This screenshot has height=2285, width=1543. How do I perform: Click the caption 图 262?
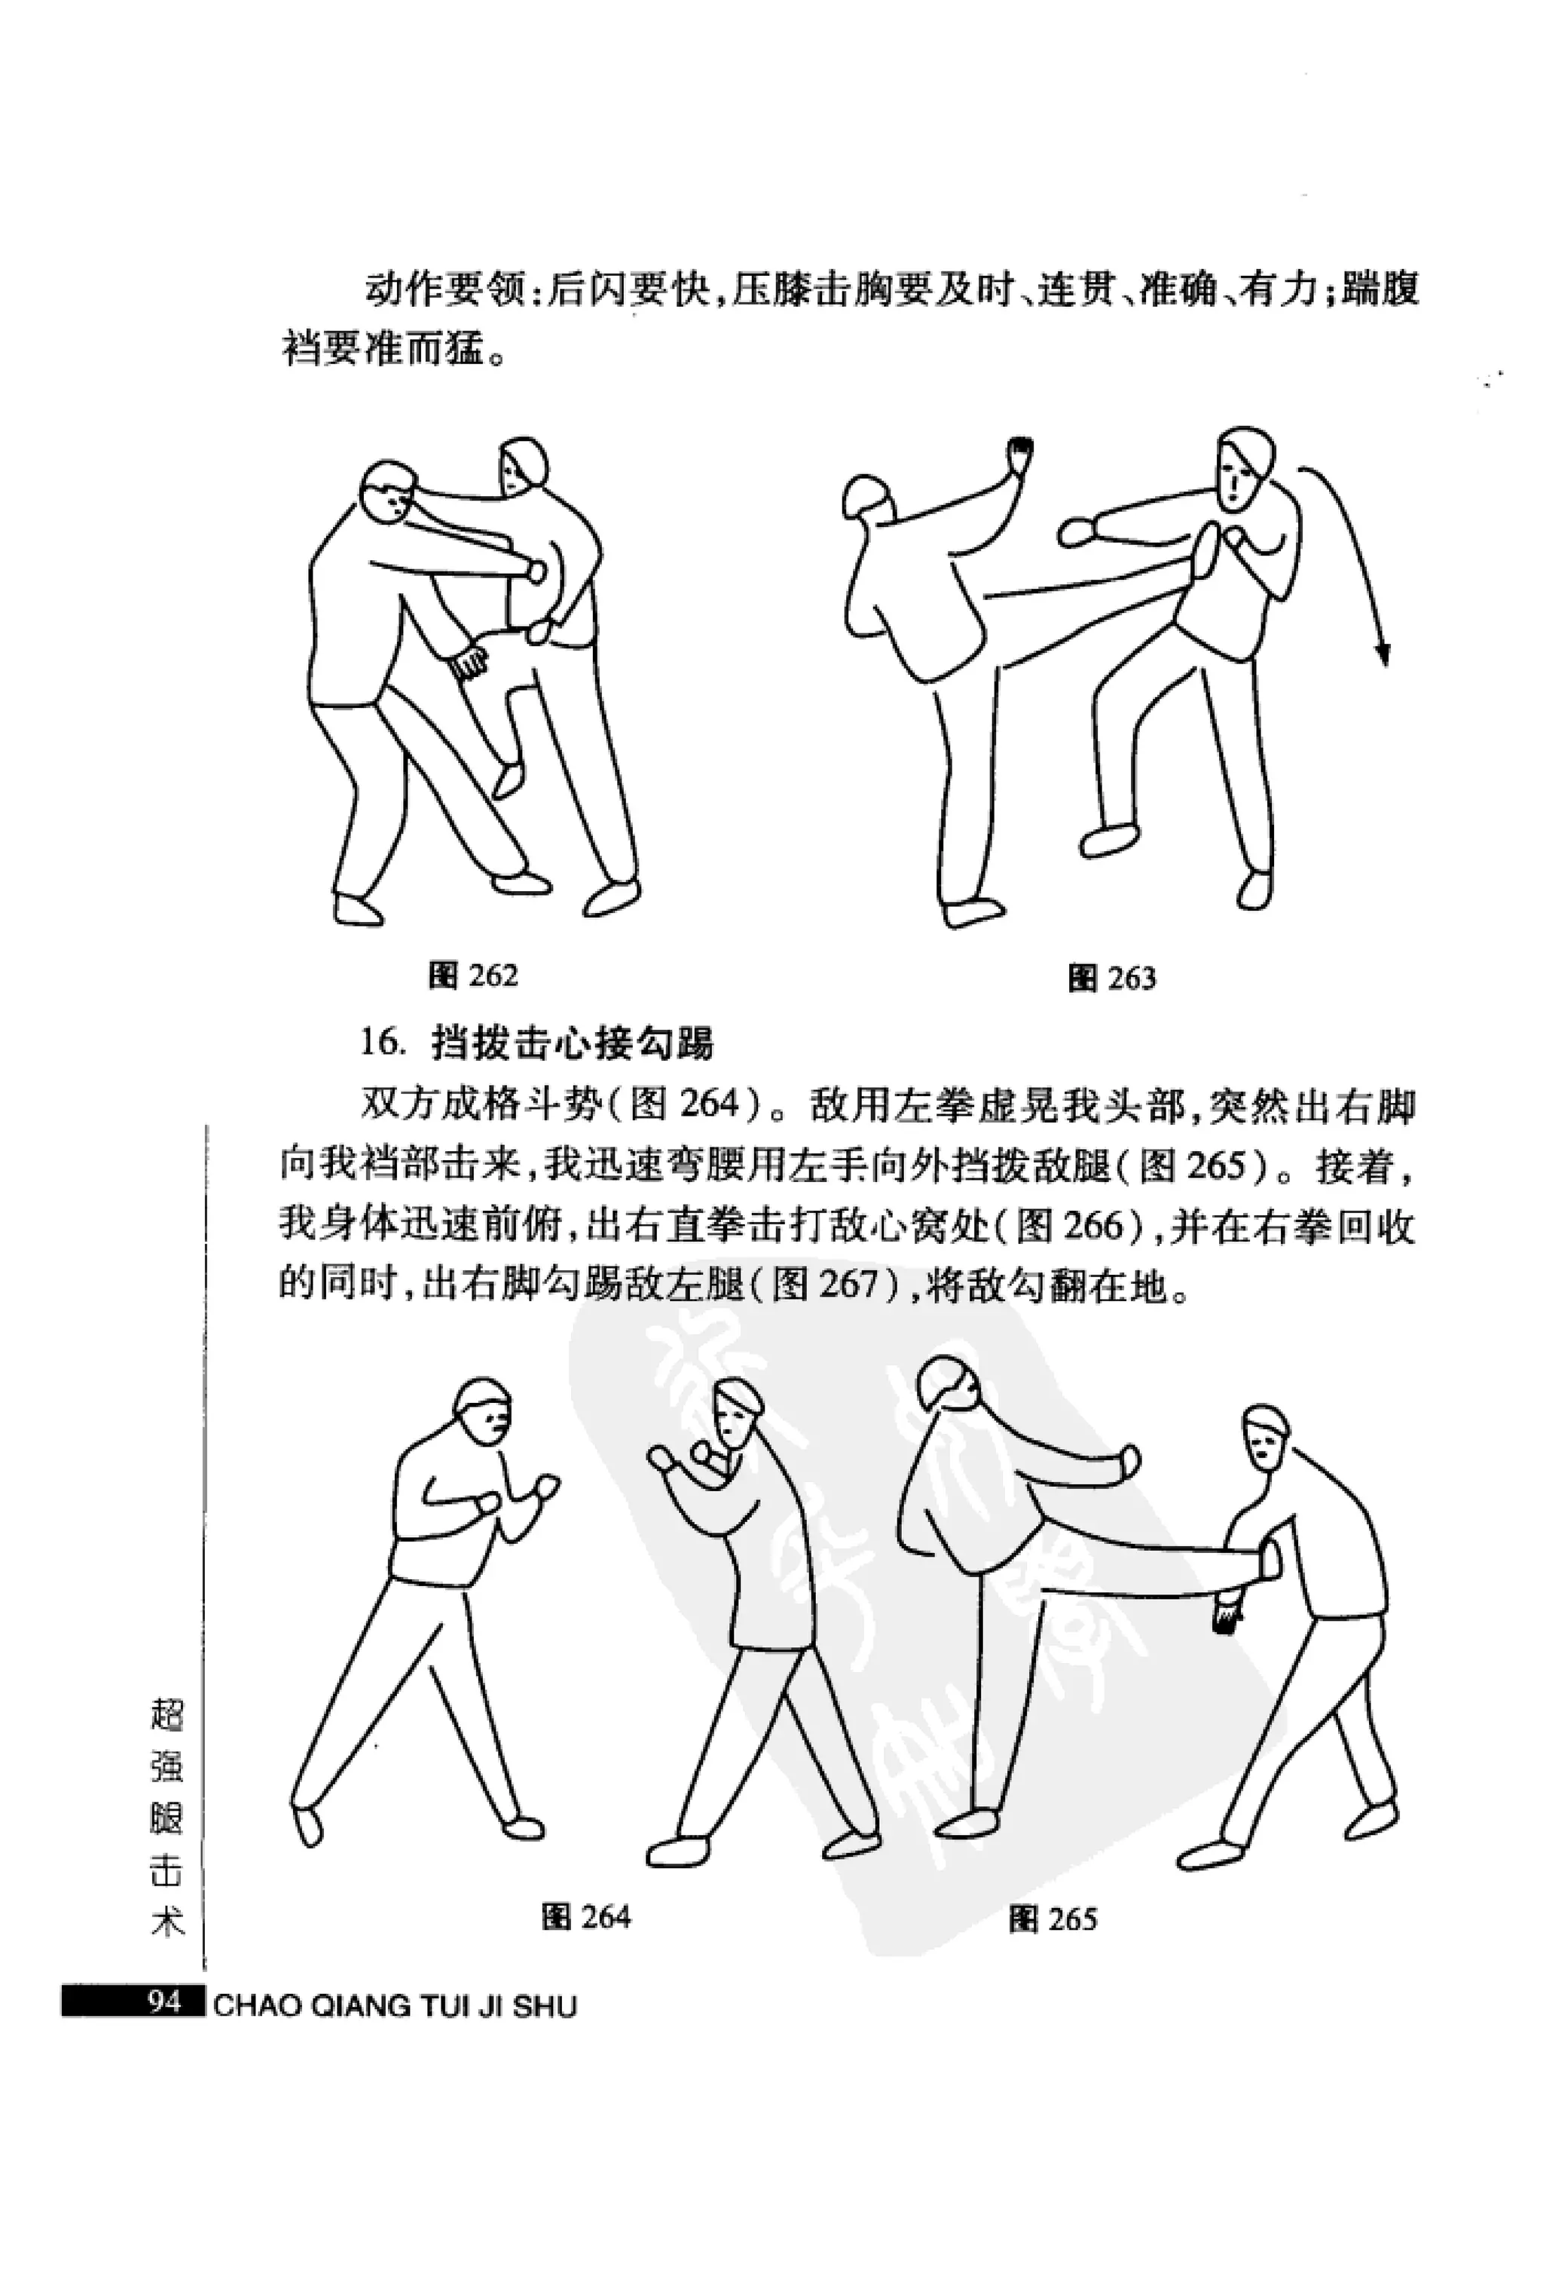coord(472,976)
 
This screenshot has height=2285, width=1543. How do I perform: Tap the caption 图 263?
coord(1111,979)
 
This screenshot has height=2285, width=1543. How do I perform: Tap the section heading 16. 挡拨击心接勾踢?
coord(536,1042)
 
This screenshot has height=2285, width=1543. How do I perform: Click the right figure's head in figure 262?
coord(521,468)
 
